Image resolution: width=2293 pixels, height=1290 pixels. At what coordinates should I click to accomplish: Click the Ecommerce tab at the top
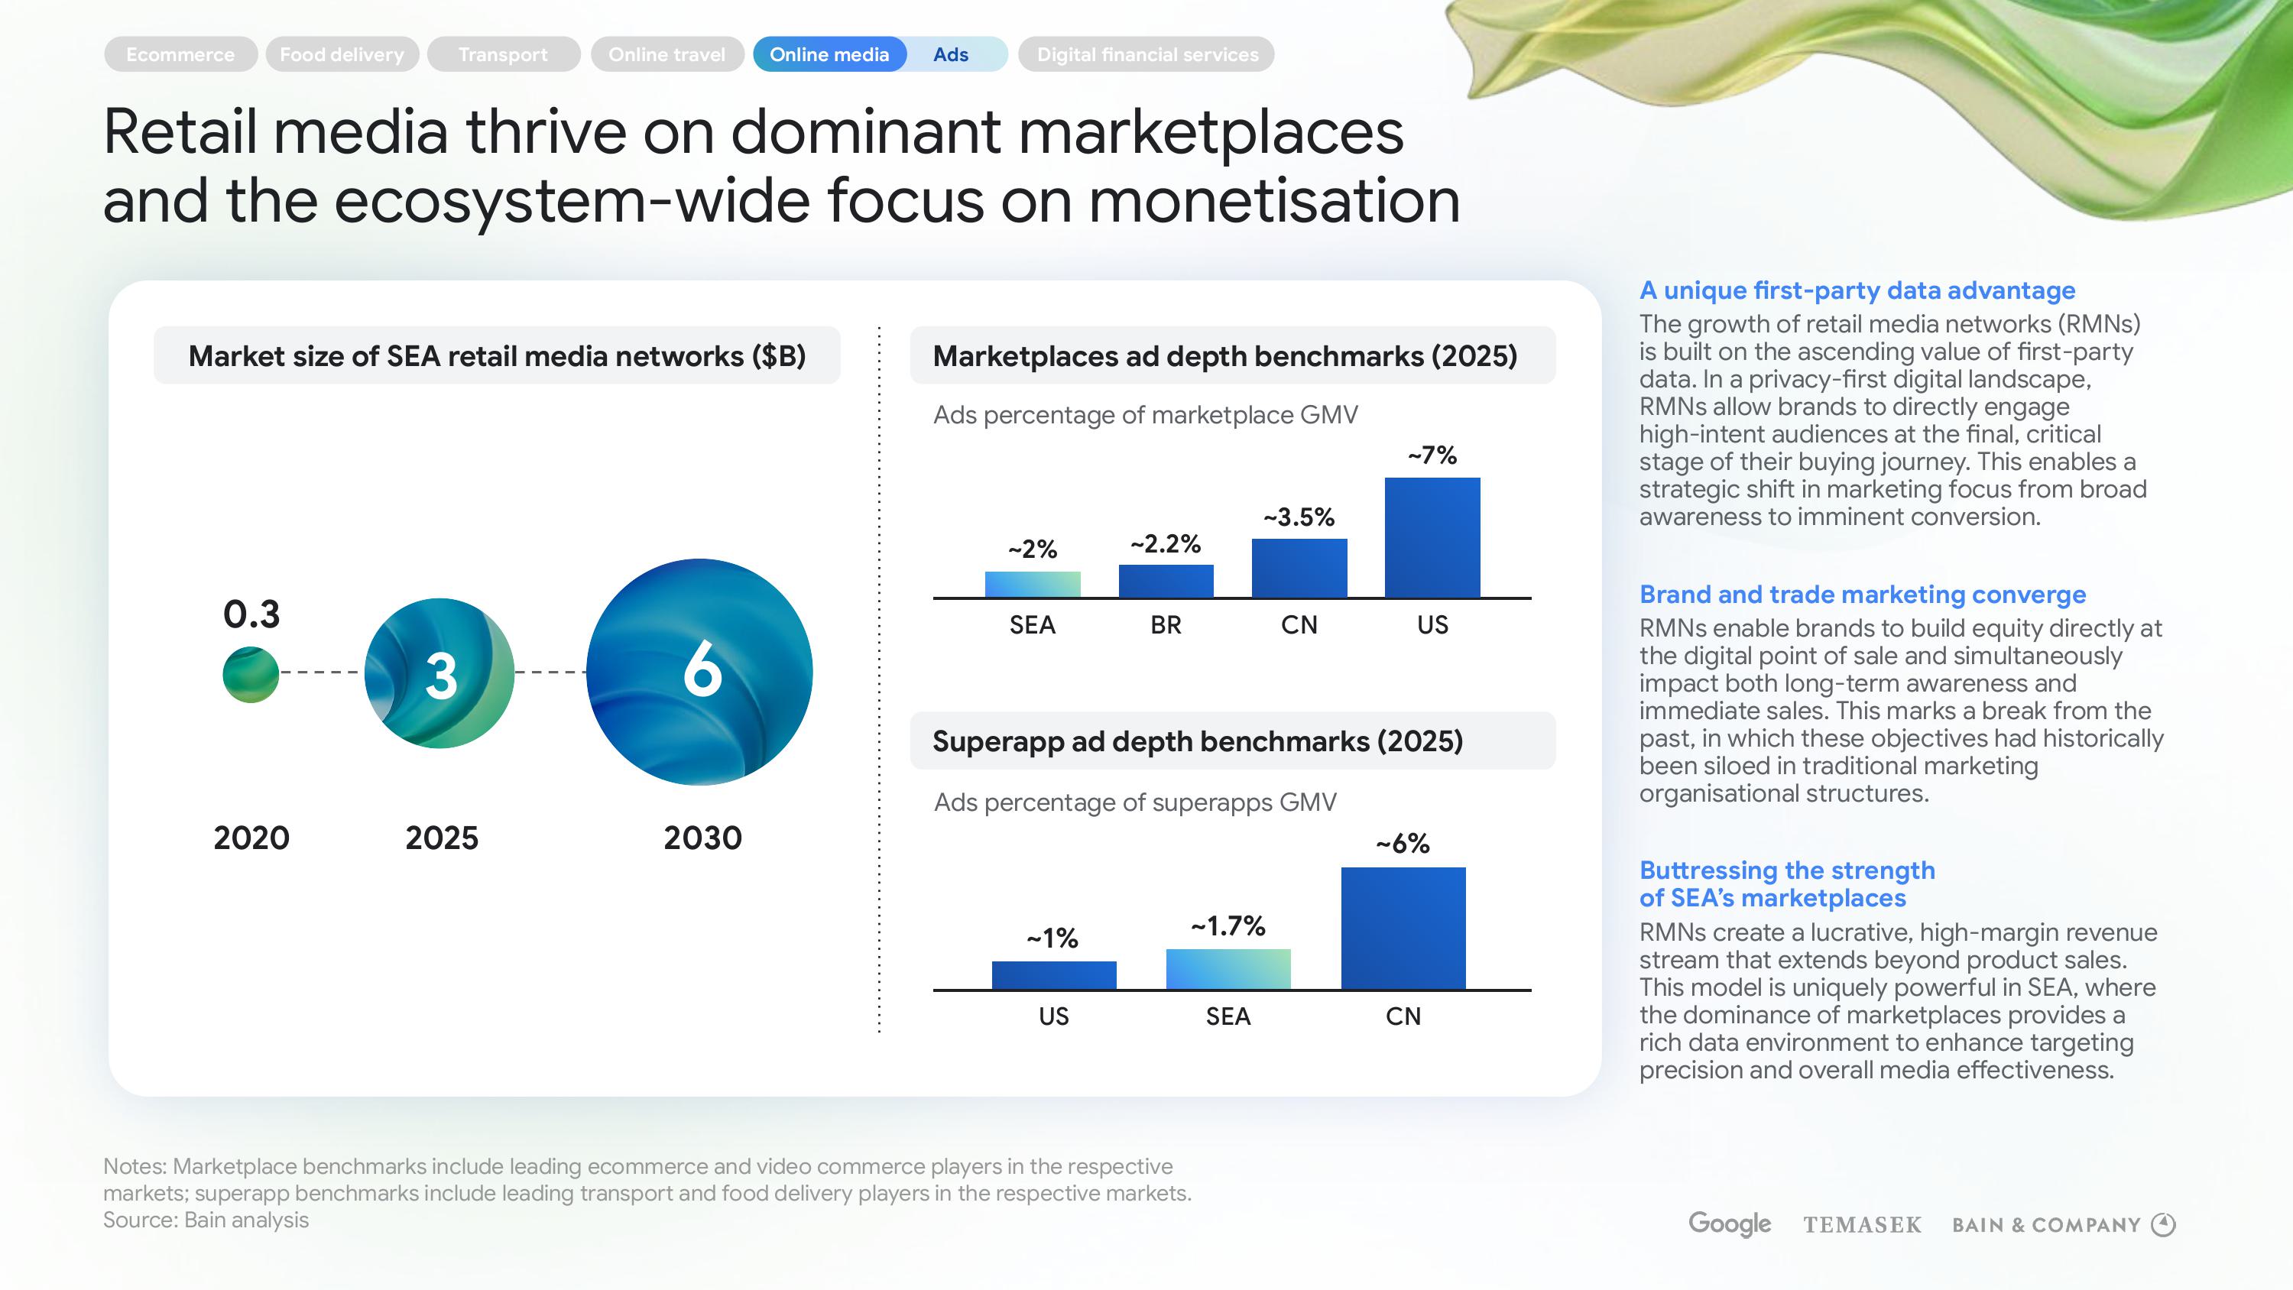[x=180, y=54]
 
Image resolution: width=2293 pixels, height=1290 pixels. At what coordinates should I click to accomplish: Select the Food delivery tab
[x=342, y=54]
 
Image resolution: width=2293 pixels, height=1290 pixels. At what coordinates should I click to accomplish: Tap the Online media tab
[x=829, y=54]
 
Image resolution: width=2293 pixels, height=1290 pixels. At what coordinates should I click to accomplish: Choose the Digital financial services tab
[x=1146, y=54]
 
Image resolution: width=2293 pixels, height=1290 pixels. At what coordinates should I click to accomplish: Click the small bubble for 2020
[x=251, y=675]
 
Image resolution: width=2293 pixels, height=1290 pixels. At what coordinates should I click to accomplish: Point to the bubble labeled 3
[x=439, y=674]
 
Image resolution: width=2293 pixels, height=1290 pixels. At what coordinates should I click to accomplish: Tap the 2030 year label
[x=702, y=838]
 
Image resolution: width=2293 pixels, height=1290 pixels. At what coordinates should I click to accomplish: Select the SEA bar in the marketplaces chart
[x=1033, y=584]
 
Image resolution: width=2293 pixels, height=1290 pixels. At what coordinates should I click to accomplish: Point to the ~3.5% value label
[x=1299, y=517]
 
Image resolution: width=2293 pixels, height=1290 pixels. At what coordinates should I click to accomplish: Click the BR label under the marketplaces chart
[x=1165, y=625]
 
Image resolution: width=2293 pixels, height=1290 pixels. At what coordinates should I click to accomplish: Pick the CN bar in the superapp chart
[x=1403, y=928]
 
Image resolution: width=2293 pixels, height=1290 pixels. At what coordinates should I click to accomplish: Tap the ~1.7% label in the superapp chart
[x=1228, y=926]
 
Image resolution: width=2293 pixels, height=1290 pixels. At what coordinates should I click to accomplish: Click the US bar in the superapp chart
[x=1054, y=975]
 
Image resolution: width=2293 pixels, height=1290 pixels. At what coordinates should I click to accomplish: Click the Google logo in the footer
[x=1730, y=1224]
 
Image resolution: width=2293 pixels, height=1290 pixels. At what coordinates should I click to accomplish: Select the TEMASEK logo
[x=1862, y=1225]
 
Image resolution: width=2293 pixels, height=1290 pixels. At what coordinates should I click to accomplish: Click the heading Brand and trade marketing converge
[x=1862, y=595]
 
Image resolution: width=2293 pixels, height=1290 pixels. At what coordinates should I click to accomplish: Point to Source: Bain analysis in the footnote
[x=206, y=1220]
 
